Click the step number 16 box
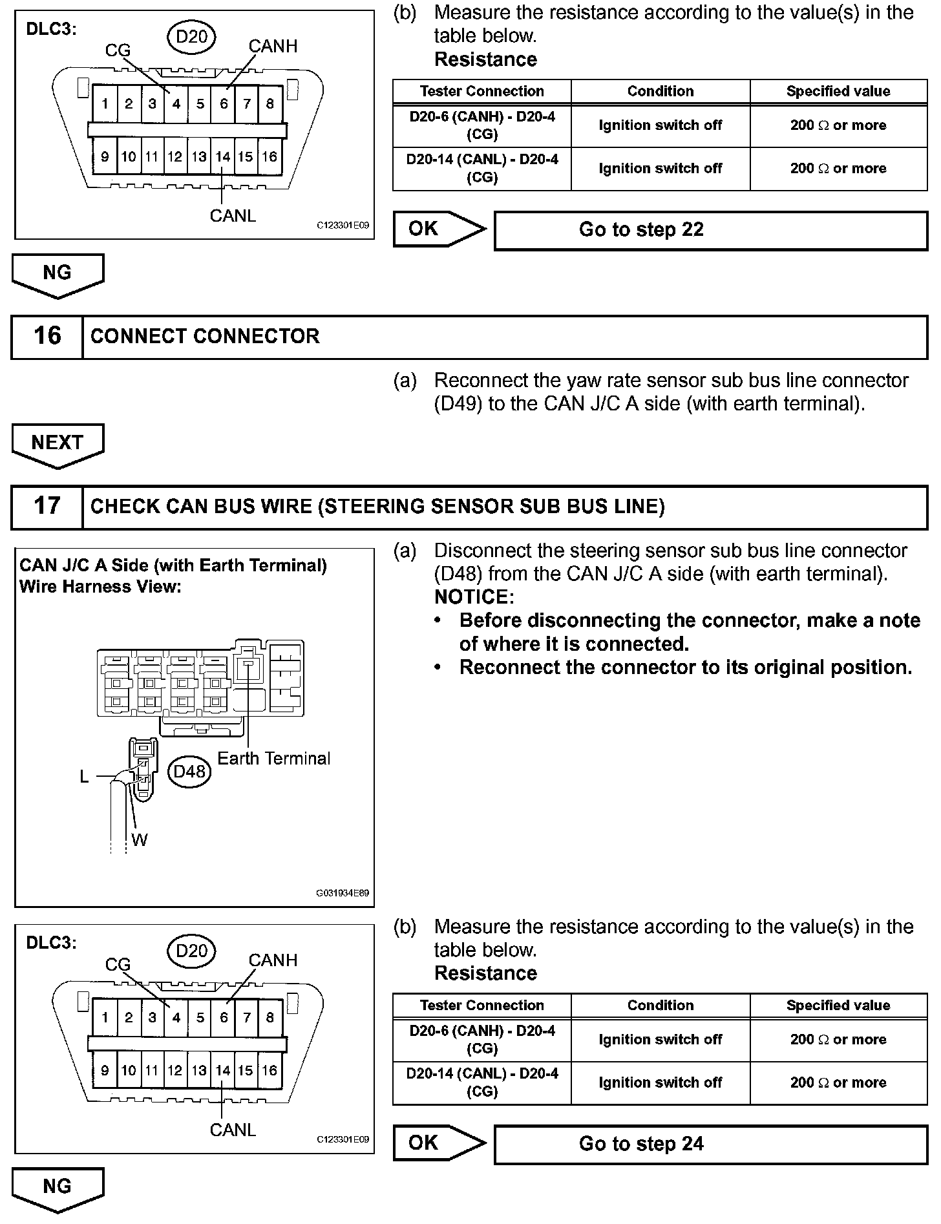(47, 337)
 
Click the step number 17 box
(47, 507)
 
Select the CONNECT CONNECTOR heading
(205, 337)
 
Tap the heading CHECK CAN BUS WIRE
(377, 507)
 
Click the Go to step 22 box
(710, 231)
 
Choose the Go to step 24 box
(710, 1145)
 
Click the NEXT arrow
(58, 445)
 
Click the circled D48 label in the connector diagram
(189, 772)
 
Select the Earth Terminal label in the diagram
(273, 759)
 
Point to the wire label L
(84, 777)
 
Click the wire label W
(139, 840)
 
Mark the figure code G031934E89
(342, 894)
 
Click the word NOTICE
(474, 597)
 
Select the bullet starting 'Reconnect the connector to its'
(685, 668)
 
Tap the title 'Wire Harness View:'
(101, 587)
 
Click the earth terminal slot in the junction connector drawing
(247, 666)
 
